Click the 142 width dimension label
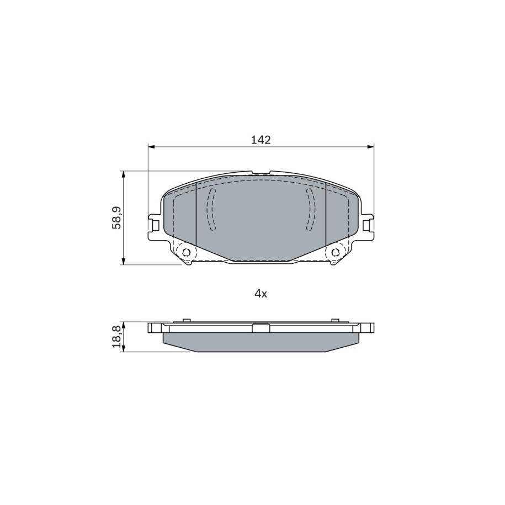(x=261, y=140)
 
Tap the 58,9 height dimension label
(x=116, y=217)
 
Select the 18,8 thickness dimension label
(x=116, y=337)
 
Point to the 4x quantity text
(x=261, y=294)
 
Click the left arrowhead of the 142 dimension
(x=151, y=147)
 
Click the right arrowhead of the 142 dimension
(x=370, y=147)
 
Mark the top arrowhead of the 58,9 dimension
(x=123, y=175)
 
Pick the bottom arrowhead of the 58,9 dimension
(x=123, y=261)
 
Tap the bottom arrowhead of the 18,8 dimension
(x=123, y=348)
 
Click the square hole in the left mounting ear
(x=155, y=225)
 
